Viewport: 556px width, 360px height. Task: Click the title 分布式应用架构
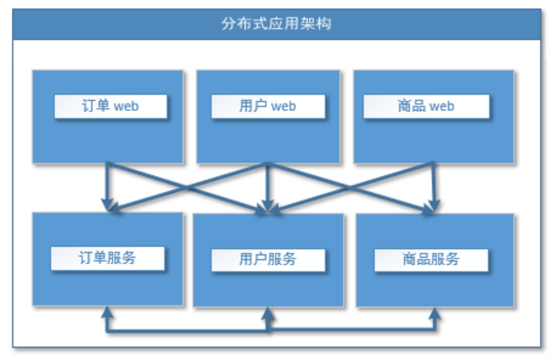[x=277, y=23]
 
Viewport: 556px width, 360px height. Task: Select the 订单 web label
[x=110, y=106]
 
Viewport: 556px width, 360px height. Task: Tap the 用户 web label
[x=268, y=106]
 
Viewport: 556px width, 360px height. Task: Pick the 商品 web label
[x=426, y=106]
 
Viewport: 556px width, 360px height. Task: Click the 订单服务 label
[x=108, y=258]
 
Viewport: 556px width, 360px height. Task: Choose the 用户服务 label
[x=268, y=259]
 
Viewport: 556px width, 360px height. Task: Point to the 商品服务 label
[x=431, y=259]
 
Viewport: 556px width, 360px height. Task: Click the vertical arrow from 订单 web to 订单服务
[x=107, y=187]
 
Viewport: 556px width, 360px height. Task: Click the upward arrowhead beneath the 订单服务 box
[x=107, y=312]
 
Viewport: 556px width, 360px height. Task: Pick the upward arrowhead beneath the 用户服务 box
[x=268, y=313]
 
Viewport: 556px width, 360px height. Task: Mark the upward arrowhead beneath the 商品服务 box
[x=435, y=313]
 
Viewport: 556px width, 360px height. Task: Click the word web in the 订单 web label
[x=126, y=106]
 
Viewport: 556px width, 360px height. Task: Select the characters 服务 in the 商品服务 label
[x=446, y=259]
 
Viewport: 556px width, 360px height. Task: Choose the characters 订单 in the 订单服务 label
[x=93, y=258]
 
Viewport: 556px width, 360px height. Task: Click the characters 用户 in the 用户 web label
[x=253, y=106]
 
